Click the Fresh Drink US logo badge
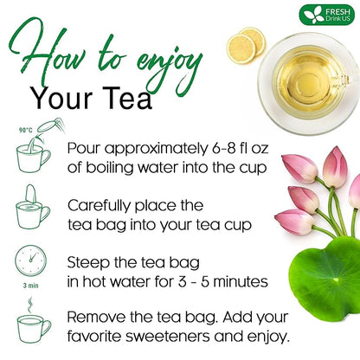pos(326,15)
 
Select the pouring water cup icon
pos(34,154)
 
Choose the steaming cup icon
pos(34,324)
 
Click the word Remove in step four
pos(100,316)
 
